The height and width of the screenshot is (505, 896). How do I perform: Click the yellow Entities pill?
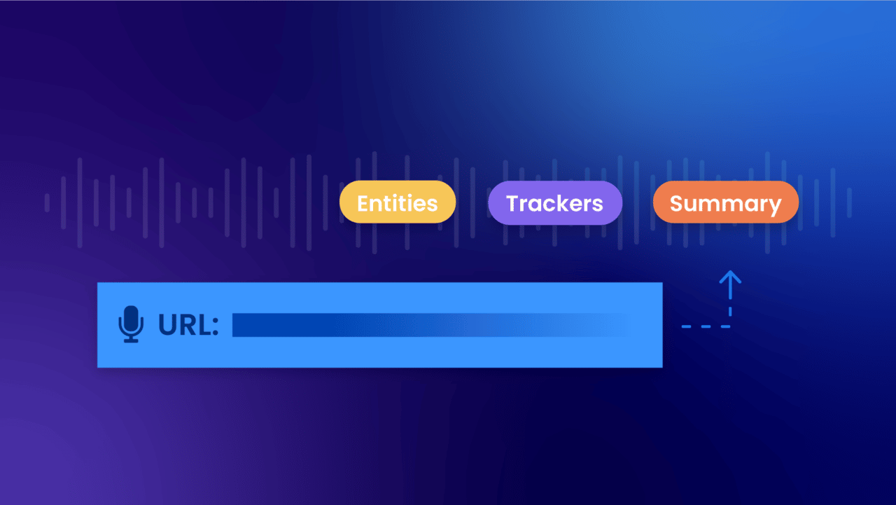[398, 202]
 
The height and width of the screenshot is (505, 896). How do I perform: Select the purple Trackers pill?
[554, 203]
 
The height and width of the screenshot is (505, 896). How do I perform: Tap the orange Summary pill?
[725, 203]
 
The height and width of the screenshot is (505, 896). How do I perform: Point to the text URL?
[188, 325]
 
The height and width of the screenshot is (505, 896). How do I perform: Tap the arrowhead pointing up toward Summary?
[730, 277]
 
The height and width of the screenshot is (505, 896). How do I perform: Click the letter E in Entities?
[363, 203]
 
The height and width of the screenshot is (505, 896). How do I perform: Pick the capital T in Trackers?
[513, 203]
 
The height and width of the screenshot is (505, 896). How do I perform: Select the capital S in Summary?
[677, 203]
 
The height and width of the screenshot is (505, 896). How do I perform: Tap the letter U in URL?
[168, 325]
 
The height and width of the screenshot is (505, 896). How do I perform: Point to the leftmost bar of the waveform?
[47, 202]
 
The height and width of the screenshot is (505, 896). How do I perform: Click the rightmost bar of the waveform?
[849, 202]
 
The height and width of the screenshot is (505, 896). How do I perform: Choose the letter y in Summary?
[773, 206]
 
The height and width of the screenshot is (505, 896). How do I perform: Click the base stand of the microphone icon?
[131, 340]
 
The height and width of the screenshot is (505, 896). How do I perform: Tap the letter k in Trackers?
[568, 203]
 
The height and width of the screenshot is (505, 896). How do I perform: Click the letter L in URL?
[204, 325]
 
